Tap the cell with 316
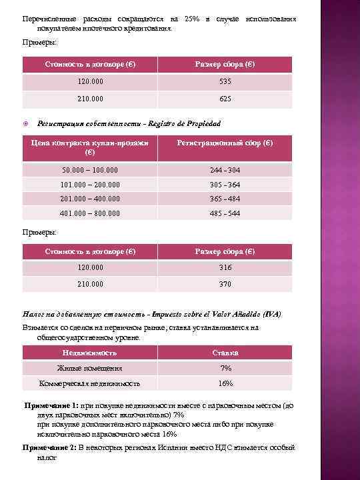click(x=225, y=267)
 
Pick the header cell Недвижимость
click(x=90, y=352)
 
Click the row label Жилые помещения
click(x=90, y=368)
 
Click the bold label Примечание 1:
click(x=51, y=405)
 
